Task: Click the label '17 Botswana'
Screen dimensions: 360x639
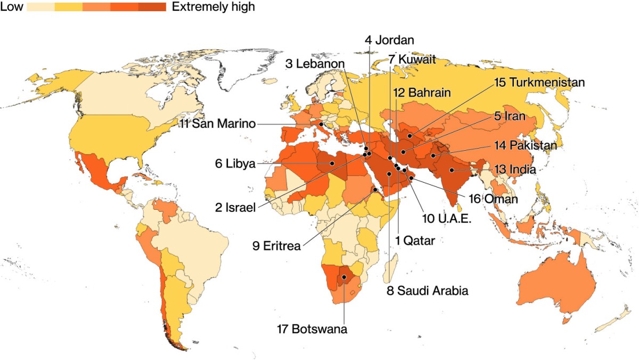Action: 312,329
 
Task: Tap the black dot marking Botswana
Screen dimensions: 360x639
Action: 344,277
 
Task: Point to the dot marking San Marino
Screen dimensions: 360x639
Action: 321,125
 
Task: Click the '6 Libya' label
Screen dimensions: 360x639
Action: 234,163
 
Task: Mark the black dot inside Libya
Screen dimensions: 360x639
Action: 332,163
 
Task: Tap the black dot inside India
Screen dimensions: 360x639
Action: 452,170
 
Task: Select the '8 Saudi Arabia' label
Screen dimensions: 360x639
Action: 427,290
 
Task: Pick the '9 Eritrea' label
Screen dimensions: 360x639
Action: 276,246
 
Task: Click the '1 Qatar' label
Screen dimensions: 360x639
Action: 415,241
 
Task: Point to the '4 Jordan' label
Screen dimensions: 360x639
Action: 389,40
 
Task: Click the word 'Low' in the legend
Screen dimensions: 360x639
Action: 11,7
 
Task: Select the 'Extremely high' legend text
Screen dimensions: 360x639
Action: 214,7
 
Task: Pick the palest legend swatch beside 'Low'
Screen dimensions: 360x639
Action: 40,7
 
